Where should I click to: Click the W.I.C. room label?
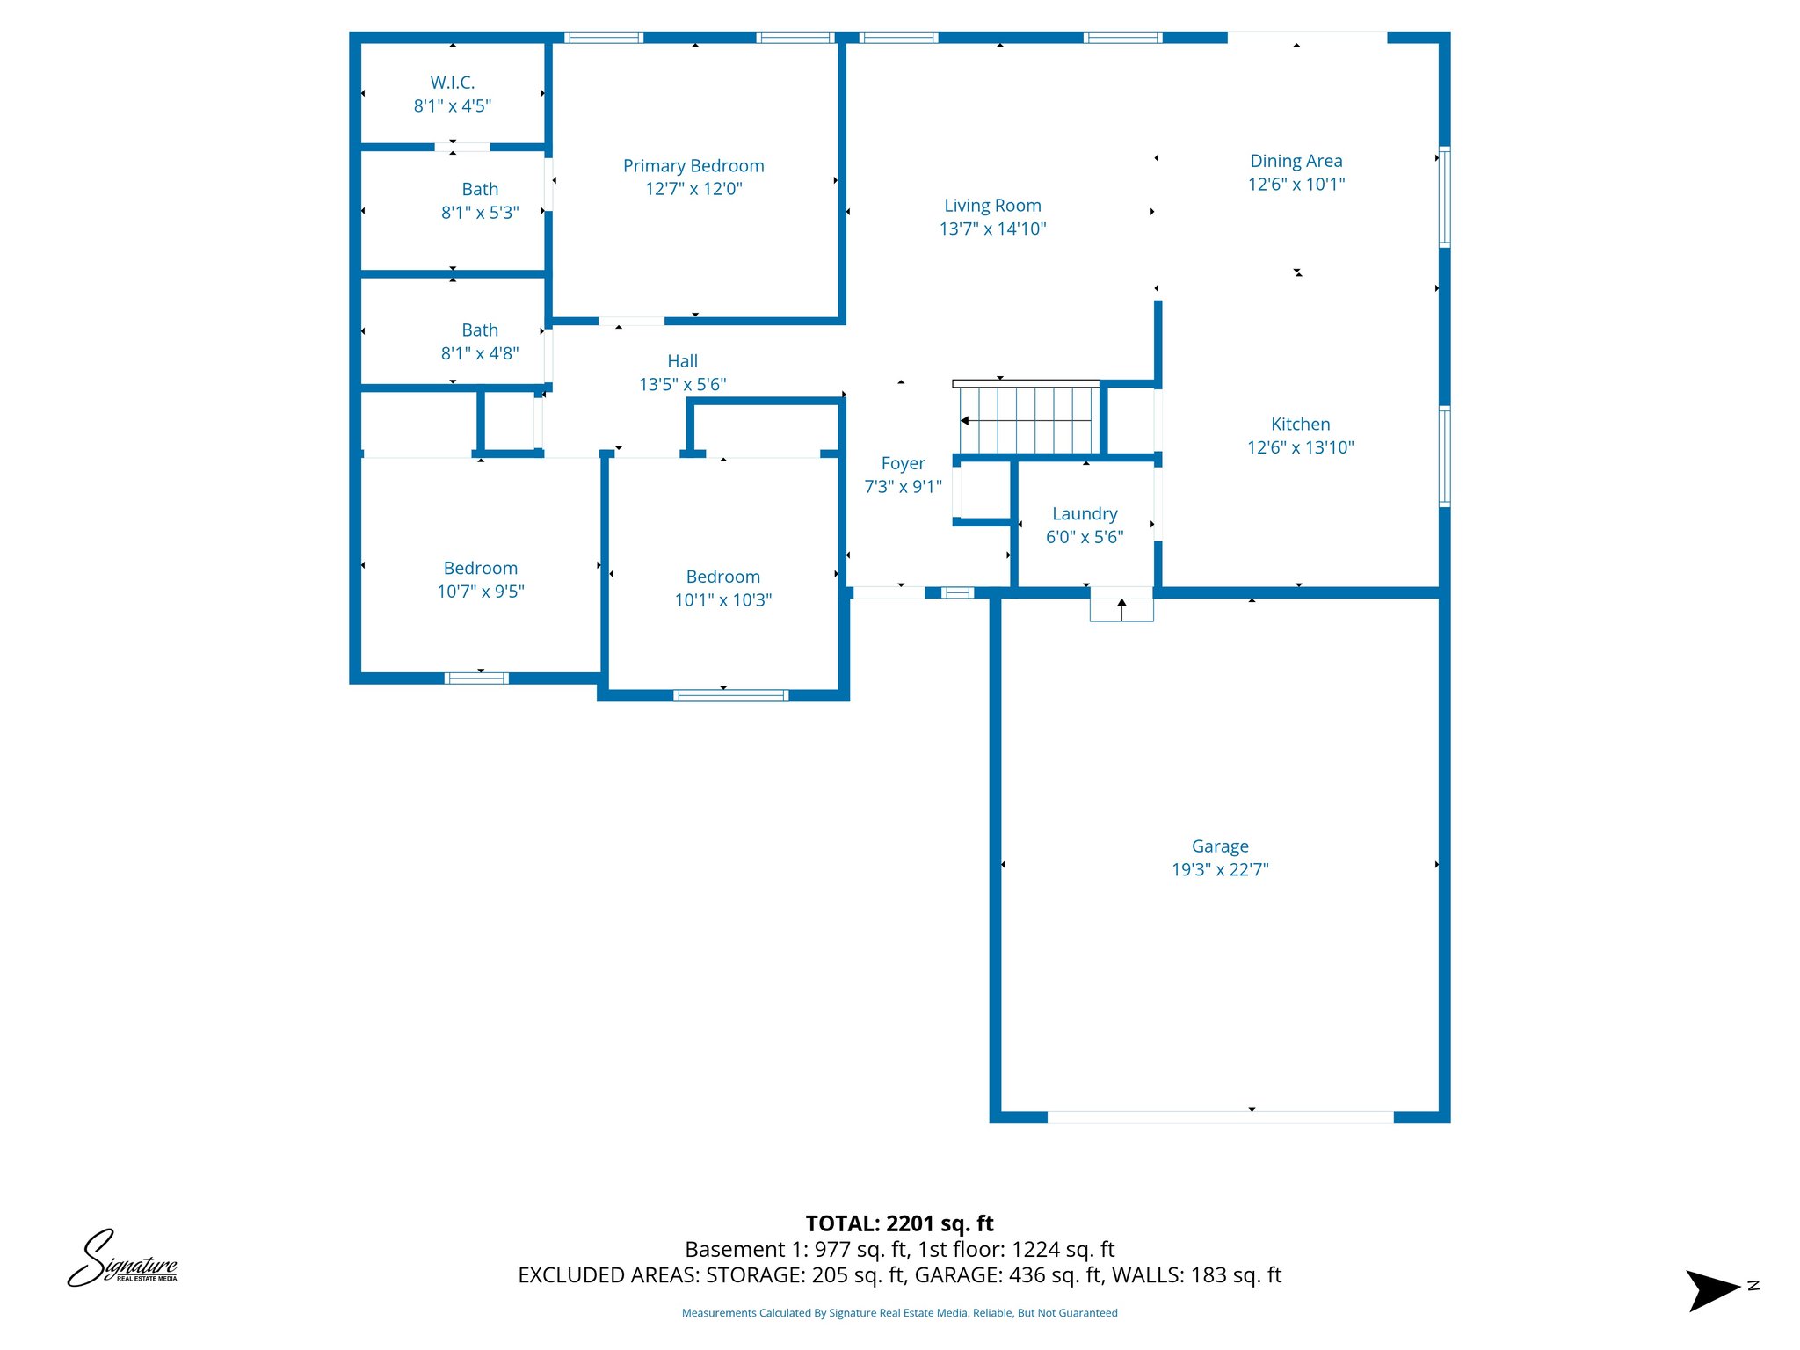tap(453, 83)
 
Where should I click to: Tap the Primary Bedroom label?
tap(693, 166)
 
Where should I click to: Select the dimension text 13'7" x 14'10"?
tap(992, 229)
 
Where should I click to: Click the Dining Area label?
tap(1296, 161)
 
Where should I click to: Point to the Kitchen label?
tap(1300, 425)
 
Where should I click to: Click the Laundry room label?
tap(1085, 514)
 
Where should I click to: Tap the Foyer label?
tap(903, 463)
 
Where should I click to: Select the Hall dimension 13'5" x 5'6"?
tap(682, 385)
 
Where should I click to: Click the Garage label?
tap(1220, 846)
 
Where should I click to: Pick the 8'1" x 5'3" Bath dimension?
tap(480, 213)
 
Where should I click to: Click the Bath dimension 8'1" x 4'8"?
tap(480, 353)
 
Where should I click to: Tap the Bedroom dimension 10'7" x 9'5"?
tap(481, 592)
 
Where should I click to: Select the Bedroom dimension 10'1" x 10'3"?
tap(722, 600)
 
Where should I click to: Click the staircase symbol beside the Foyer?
tap(1027, 420)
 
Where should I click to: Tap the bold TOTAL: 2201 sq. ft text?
tap(899, 1223)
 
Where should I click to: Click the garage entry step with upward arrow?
tap(1121, 606)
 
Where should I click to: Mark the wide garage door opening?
tap(1220, 1117)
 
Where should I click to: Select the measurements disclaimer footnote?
tap(899, 1313)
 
